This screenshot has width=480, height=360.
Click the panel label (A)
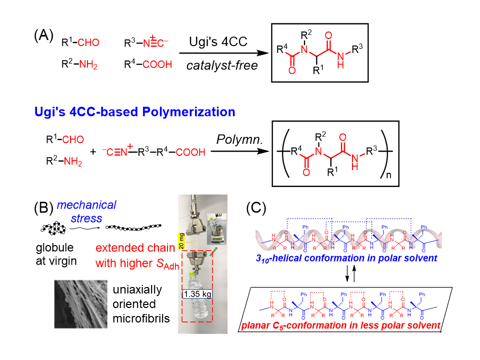click(x=43, y=36)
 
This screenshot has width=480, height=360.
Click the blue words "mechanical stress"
click(x=85, y=211)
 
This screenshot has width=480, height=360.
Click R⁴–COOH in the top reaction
click(x=148, y=64)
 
